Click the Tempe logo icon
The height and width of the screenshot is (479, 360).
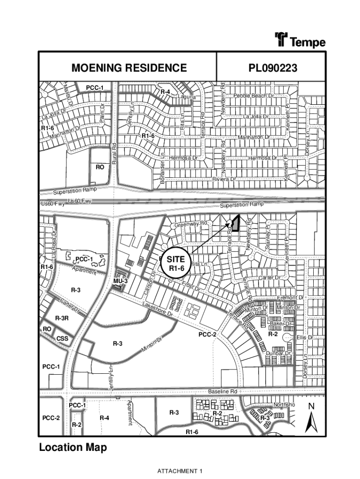pos(281,40)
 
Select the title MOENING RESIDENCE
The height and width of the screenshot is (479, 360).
pos(129,68)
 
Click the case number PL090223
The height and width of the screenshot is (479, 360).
pos(273,68)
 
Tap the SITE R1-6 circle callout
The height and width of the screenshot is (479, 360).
pos(177,264)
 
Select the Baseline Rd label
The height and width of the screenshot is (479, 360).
pos(223,391)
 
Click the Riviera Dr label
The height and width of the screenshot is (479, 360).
pos(224,179)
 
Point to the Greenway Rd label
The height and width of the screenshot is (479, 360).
pos(191,225)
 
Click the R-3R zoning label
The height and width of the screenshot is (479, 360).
pos(62,318)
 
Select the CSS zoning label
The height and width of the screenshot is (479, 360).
pos(62,338)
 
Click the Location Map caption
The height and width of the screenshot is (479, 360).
pos(72,448)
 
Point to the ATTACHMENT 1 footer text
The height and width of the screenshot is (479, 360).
pos(180,471)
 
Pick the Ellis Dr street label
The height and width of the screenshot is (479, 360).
pos(304,337)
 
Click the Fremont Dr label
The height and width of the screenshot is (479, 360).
pos(290,298)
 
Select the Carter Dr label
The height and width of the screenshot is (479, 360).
pos(269,278)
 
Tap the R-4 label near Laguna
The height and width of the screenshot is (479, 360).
pos(165,92)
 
